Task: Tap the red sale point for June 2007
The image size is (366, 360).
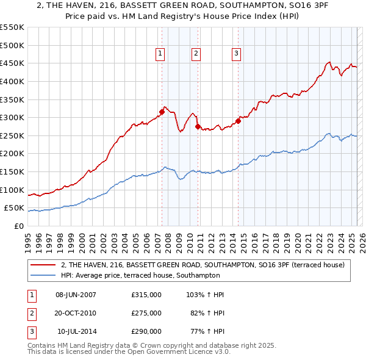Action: click(162, 112)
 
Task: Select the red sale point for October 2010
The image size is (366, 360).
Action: click(198, 126)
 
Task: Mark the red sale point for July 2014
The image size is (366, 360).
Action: click(239, 121)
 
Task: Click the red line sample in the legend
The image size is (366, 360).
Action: click(43, 265)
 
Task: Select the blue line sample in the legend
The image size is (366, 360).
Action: click(43, 275)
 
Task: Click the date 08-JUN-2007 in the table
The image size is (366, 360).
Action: click(76, 295)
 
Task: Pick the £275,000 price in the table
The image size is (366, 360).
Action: click(146, 313)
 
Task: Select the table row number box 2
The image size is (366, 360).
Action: click(30, 313)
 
